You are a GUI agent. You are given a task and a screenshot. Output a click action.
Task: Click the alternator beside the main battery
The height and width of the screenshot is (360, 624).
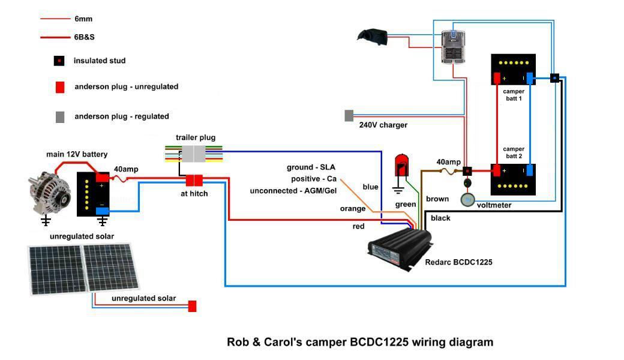(x=49, y=194)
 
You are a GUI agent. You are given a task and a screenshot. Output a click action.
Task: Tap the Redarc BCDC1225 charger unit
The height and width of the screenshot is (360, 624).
(x=400, y=248)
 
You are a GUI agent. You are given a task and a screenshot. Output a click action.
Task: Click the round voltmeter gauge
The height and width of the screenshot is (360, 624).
(x=467, y=199)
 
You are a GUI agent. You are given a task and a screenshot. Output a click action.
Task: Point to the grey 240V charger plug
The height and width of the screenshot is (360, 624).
(x=349, y=116)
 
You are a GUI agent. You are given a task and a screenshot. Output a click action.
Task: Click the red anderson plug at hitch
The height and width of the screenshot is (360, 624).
(x=194, y=181)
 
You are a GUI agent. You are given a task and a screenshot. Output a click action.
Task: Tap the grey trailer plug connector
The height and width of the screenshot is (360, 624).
(x=194, y=154)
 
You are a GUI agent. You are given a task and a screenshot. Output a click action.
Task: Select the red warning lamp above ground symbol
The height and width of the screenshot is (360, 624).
(x=401, y=166)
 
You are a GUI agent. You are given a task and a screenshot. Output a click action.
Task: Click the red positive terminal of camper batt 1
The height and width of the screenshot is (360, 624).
(x=497, y=78)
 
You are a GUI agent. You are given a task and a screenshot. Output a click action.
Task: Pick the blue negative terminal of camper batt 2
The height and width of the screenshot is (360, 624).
(x=530, y=170)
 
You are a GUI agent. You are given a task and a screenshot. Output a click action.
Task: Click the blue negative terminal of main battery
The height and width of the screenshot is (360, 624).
(x=102, y=211)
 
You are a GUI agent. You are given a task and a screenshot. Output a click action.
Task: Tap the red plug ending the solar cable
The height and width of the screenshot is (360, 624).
(x=192, y=306)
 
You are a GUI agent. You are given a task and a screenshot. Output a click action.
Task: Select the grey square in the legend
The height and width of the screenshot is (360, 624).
(x=59, y=117)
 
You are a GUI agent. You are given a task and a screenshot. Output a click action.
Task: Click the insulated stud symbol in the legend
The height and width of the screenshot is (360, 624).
(x=59, y=61)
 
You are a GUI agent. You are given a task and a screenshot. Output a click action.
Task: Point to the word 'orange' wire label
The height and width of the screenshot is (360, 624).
(x=353, y=208)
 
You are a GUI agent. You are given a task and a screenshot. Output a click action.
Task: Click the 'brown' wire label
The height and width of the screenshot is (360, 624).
(x=437, y=199)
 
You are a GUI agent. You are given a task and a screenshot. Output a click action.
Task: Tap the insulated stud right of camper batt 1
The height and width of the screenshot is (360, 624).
(x=554, y=78)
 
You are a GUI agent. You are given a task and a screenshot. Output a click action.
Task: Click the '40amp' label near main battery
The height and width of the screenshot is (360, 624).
(x=126, y=169)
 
